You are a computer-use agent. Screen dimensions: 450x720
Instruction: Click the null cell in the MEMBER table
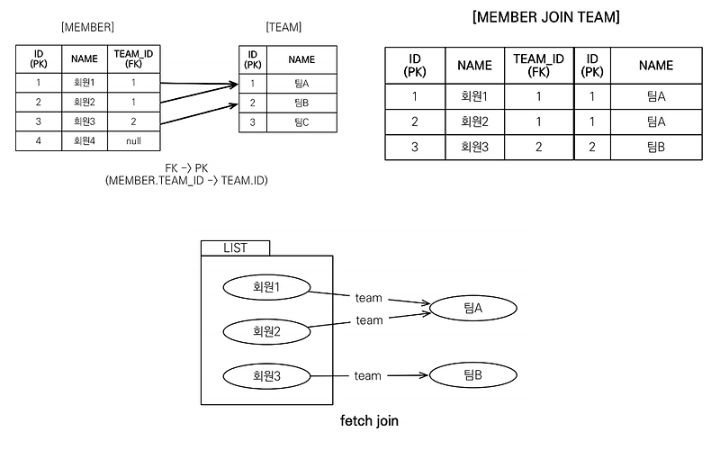tap(133, 140)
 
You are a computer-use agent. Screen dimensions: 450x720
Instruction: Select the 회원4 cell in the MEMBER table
tap(85, 140)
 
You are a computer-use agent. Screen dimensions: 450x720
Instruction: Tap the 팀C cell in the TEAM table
tap(301, 121)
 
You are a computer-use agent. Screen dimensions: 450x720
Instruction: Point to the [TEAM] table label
tap(285, 29)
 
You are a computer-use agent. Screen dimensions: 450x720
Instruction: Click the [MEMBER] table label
tap(87, 29)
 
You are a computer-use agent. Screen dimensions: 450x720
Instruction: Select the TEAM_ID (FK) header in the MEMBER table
tap(133, 59)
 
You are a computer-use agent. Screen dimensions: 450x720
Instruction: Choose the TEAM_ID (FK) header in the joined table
tap(538, 65)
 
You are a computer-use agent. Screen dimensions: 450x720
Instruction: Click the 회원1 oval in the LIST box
tap(265, 287)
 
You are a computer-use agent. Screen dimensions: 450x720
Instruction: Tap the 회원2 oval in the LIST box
tap(265, 330)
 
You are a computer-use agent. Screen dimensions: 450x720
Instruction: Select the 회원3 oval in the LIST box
tap(265, 375)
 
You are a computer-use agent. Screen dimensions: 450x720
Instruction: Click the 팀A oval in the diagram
tap(473, 308)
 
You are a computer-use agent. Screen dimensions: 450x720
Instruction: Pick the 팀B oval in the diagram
tap(473, 375)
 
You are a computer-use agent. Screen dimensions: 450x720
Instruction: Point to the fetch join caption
tap(369, 420)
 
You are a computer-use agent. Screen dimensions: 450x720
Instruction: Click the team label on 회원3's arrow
tap(367, 375)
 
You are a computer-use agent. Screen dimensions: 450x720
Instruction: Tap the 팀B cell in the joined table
tap(655, 147)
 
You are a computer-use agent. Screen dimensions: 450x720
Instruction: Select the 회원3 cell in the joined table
tap(474, 147)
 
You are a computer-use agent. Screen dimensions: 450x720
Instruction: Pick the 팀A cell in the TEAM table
tap(301, 84)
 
